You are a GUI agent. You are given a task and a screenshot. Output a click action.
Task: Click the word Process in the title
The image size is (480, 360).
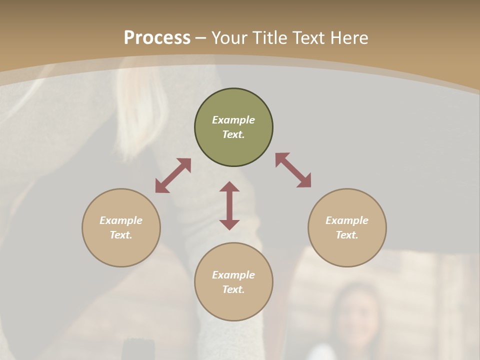[157, 38]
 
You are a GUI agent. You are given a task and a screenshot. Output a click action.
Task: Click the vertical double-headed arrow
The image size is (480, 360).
[229, 205]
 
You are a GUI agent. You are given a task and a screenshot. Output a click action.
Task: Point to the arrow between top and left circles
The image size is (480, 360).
[173, 175]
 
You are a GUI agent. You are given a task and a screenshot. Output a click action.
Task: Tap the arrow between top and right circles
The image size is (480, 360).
[293, 170]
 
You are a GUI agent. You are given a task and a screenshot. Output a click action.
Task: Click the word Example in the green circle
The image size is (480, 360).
[233, 120]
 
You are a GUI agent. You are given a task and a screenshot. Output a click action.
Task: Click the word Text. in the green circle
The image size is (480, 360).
[233, 134]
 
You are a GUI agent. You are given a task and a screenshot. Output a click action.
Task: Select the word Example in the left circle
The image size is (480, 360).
[121, 220]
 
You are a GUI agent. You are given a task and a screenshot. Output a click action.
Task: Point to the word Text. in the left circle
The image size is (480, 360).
[121, 235]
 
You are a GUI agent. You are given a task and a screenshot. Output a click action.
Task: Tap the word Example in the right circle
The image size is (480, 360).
[347, 220]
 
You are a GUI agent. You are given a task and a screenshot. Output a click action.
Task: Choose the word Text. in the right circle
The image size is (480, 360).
[347, 235]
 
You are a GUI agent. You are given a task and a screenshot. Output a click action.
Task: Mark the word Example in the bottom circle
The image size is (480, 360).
[233, 275]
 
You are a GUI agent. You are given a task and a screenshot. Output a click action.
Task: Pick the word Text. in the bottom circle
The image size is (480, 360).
[233, 289]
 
